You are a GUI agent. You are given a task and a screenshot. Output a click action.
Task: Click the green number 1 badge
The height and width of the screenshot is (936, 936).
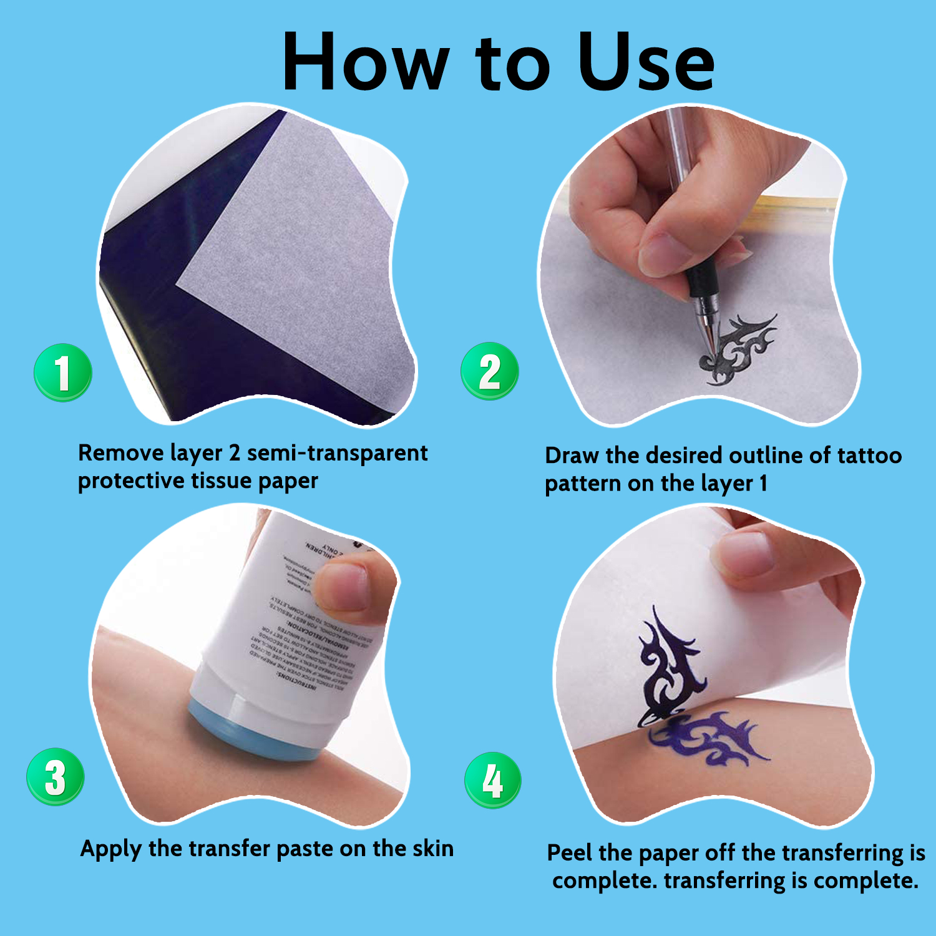[62, 373]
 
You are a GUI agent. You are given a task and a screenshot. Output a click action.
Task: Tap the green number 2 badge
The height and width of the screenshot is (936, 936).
[490, 371]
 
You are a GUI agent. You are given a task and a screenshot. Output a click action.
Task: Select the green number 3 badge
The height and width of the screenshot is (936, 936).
[56, 777]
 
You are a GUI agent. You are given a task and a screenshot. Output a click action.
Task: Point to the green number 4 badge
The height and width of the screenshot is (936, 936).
[493, 780]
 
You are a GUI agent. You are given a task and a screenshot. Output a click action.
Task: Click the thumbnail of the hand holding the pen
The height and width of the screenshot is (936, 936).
[661, 253]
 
